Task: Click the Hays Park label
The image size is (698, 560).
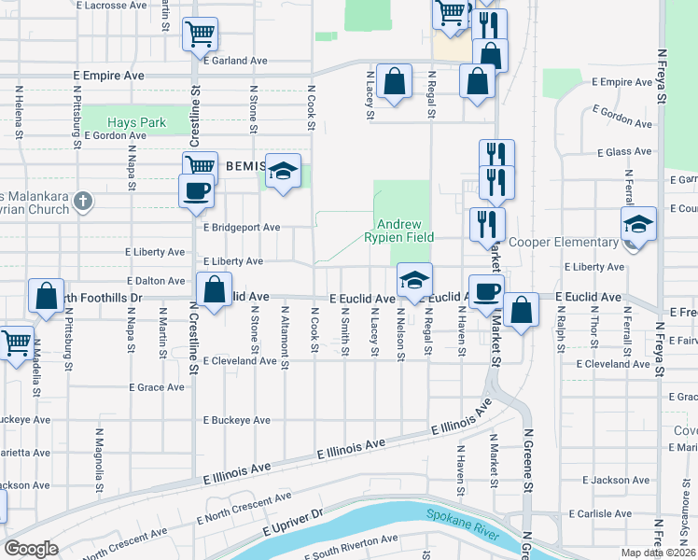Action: click(x=136, y=122)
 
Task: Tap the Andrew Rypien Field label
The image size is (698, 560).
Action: click(x=400, y=231)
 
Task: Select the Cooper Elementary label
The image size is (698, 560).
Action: click(x=564, y=242)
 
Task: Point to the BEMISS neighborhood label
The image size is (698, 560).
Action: click(x=245, y=164)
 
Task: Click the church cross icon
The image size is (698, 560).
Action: click(x=82, y=200)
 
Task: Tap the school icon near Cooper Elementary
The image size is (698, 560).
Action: click(x=639, y=224)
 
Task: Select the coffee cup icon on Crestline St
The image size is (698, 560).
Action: click(x=196, y=190)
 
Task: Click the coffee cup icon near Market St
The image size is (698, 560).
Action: click(x=486, y=291)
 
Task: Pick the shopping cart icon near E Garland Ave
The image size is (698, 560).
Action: click(x=200, y=35)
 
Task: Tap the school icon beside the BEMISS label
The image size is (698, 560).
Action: click(x=284, y=171)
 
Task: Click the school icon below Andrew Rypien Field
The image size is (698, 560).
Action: click(x=414, y=278)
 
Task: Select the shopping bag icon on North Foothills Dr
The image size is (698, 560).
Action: click(x=47, y=296)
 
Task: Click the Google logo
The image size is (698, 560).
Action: click(x=32, y=549)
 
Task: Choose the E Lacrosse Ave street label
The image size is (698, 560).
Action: click(x=112, y=5)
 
